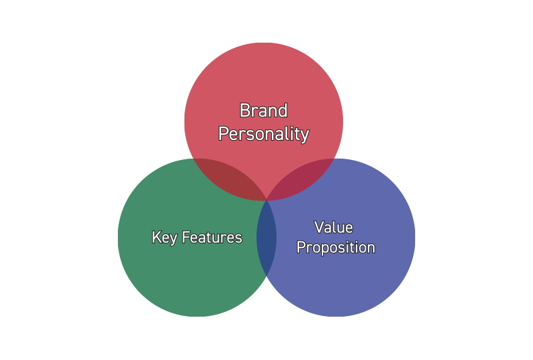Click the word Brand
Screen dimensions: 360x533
[x=263, y=111]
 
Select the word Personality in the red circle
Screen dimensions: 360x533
[x=264, y=134]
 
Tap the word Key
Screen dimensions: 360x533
[x=163, y=237]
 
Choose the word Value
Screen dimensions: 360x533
[x=334, y=227]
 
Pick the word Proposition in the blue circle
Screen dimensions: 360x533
[x=336, y=248]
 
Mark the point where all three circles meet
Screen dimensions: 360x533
[x=266, y=199]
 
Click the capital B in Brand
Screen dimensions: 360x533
[x=245, y=111]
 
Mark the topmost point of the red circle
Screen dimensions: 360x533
[x=264, y=43]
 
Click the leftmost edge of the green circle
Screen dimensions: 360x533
[x=118, y=237]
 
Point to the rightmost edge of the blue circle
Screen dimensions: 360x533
[x=414, y=237]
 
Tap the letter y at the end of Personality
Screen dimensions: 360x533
[x=305, y=136]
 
